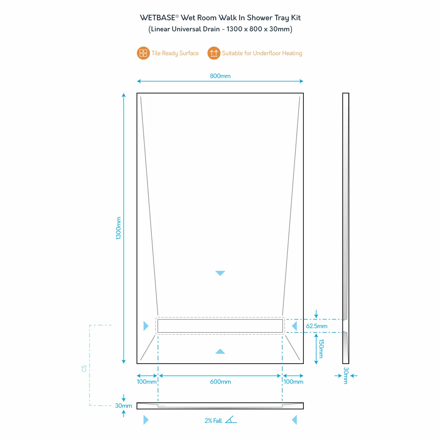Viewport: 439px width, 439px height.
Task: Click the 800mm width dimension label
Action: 220,76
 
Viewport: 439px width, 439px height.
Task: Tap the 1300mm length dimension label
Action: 119,228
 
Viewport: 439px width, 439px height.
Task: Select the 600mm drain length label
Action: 220,382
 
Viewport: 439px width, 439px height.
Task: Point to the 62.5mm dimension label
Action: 317,326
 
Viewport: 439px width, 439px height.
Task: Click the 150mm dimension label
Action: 321,348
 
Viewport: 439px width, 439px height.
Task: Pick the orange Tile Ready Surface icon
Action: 143,53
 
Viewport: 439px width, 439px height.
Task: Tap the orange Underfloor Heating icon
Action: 214,53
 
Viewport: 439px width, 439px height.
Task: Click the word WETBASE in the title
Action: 157,18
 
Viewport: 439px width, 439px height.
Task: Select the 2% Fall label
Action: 213,421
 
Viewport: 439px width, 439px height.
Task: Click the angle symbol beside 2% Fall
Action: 231,420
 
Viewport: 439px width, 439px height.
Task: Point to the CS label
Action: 84,368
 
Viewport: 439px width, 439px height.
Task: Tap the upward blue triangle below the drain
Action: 220,351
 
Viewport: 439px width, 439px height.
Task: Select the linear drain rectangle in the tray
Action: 220,326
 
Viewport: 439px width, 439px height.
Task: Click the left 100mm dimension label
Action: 146,382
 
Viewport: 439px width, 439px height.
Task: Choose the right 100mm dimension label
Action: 294,382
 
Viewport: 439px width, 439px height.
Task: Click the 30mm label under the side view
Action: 346,375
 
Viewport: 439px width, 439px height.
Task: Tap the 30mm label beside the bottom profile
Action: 124,405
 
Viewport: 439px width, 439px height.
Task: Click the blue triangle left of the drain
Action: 146,326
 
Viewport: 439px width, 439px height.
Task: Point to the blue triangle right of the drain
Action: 294,326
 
